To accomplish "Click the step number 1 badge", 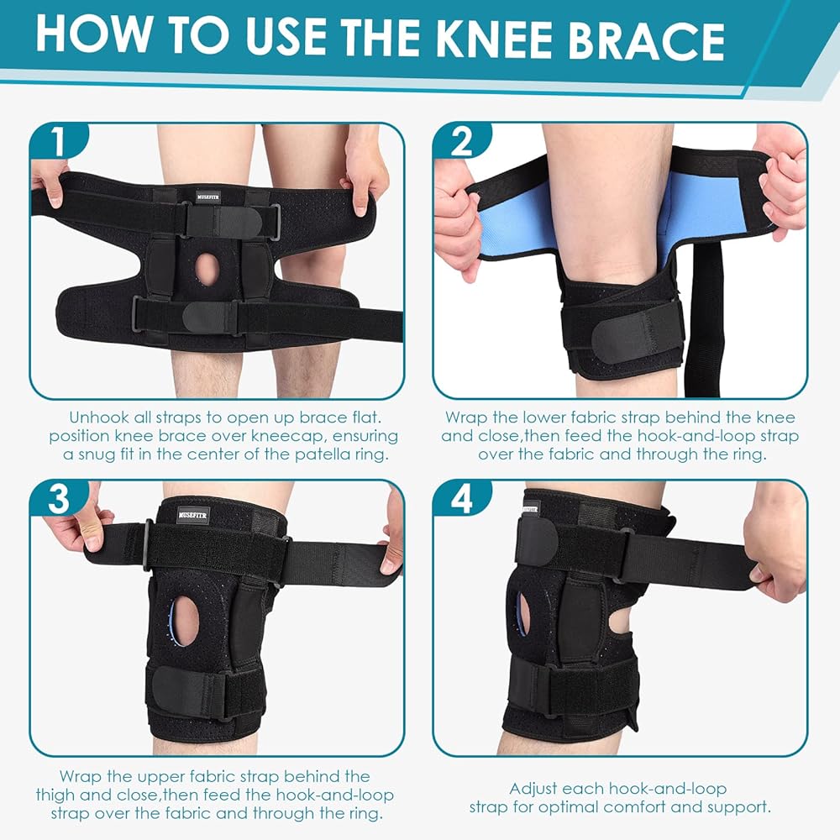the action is [x=58, y=141].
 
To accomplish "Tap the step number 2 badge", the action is [x=461, y=141].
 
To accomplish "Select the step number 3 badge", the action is [x=58, y=499].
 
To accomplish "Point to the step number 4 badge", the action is [x=461, y=499].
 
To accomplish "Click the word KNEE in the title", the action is [x=496, y=40].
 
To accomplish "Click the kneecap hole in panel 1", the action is [x=207, y=269].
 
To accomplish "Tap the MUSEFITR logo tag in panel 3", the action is [x=192, y=516].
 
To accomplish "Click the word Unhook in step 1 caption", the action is [x=99, y=417].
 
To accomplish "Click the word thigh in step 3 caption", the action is [x=59, y=795].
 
